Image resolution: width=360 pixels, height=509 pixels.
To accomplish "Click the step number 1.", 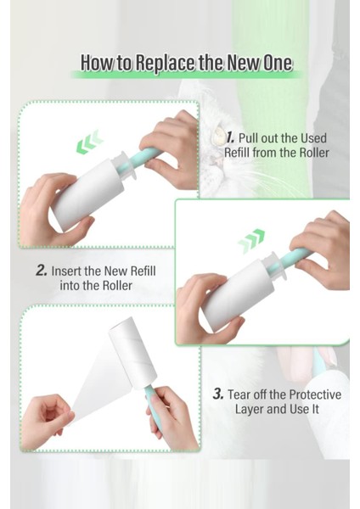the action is coord(230,137).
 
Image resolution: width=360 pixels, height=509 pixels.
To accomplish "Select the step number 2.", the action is coord(42,271).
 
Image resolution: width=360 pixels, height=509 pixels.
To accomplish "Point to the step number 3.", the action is coord(218,394).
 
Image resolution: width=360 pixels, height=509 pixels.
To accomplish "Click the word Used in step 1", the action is coord(313,138).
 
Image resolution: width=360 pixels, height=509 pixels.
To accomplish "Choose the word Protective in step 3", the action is coord(315,394).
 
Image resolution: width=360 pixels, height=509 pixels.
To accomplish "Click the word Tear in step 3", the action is coord(239,394).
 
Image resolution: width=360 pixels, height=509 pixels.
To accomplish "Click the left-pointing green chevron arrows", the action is coord(90,143).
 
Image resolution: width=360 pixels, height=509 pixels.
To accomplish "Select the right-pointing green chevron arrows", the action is coord(251,241).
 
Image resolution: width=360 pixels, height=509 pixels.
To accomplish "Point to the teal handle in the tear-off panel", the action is coord(152,402).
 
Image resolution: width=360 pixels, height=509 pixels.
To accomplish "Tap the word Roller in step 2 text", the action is coord(117,286).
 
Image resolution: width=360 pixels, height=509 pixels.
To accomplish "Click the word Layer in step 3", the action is coord(250,409).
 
